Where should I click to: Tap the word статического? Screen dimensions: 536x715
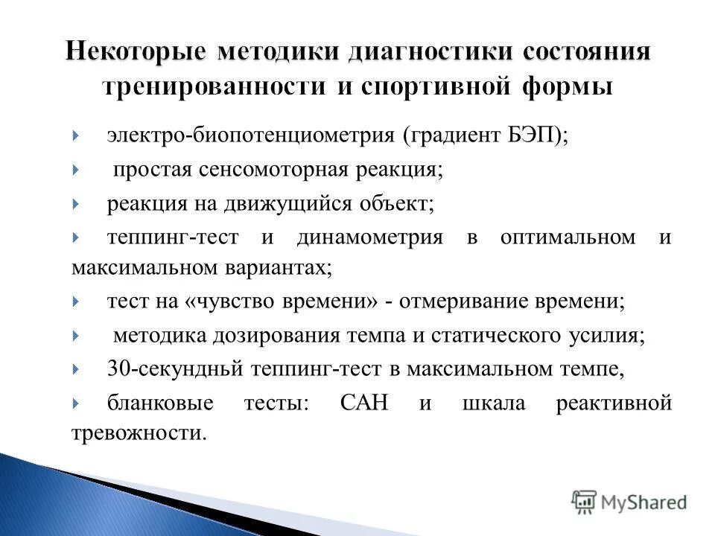pos(493,335)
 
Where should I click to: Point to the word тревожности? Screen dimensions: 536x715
pos(138,433)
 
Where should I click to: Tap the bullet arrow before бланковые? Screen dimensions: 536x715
pos(77,403)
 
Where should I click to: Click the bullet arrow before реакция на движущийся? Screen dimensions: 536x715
pos(77,203)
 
